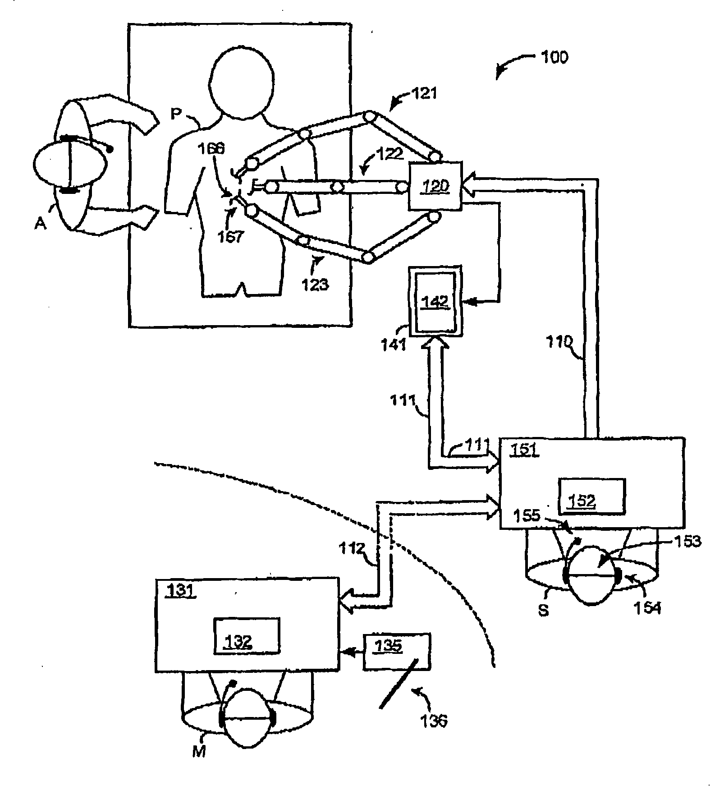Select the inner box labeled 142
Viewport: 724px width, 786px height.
click(436, 301)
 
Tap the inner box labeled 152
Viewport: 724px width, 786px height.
click(591, 496)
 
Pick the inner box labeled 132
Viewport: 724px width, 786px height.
click(246, 635)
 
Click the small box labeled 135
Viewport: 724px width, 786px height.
click(397, 651)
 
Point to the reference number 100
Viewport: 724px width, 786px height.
click(554, 58)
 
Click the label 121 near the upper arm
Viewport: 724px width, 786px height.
click(424, 94)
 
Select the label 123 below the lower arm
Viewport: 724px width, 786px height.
click(315, 285)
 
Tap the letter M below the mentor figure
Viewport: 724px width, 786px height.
click(199, 751)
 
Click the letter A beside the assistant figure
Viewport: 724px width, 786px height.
click(41, 223)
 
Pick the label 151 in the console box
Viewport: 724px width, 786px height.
click(524, 450)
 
